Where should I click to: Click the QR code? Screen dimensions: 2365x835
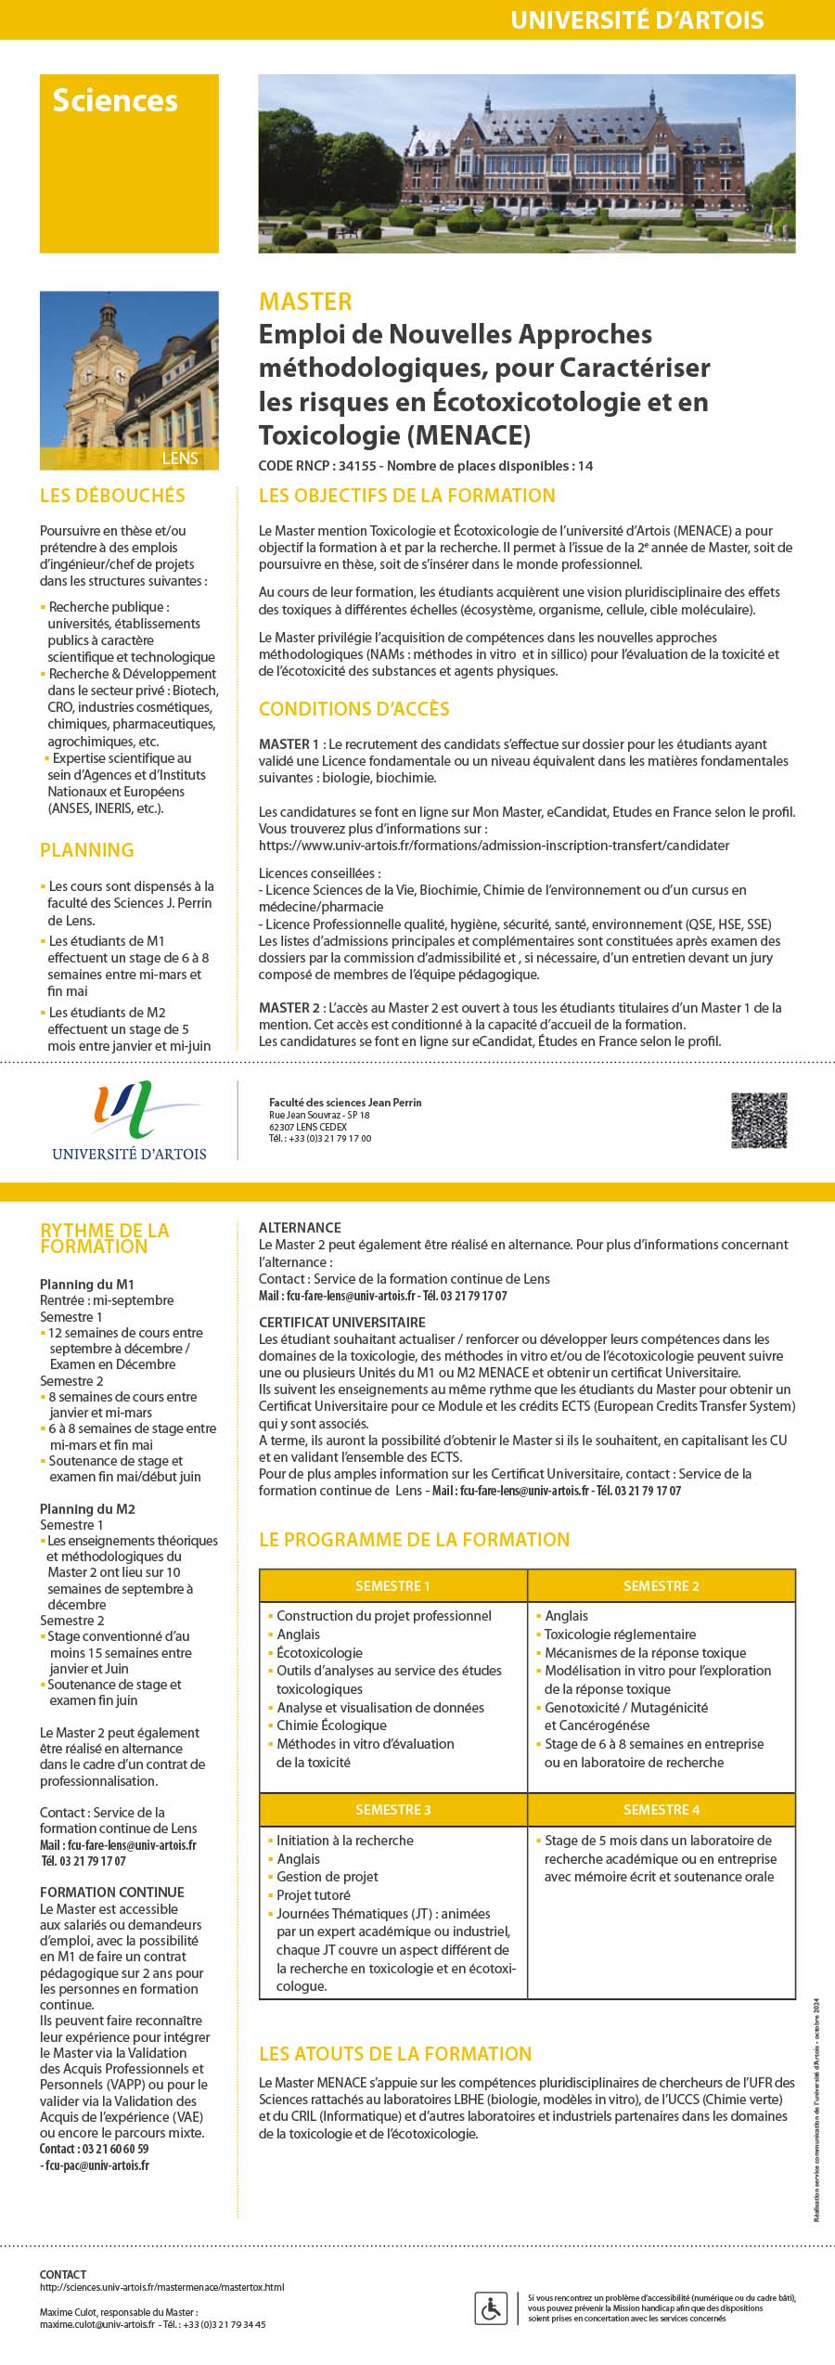coord(759,1120)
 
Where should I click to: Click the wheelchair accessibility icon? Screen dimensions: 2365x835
coord(490,2306)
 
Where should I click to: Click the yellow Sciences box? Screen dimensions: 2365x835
coord(129,163)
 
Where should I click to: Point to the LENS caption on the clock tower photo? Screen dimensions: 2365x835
coord(179,459)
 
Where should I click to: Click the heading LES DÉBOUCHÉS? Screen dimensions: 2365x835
coord(112,496)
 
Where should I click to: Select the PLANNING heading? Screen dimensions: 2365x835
coord(86,850)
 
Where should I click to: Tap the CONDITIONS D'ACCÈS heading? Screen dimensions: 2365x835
coord(353,709)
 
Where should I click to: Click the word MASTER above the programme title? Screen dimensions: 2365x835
coord(305,302)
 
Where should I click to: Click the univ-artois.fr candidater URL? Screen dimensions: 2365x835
coord(494,846)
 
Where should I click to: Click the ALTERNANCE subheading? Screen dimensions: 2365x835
coord(300,1227)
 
